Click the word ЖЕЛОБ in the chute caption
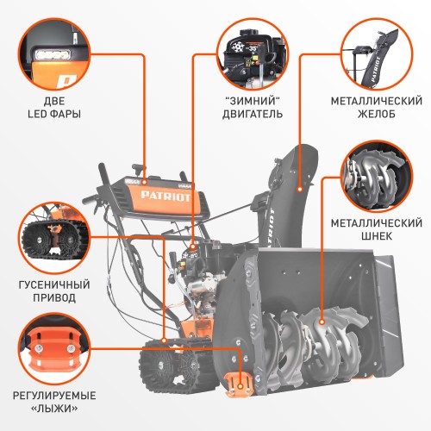[x=377, y=114]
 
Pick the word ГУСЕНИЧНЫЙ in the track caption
[x=51, y=282]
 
